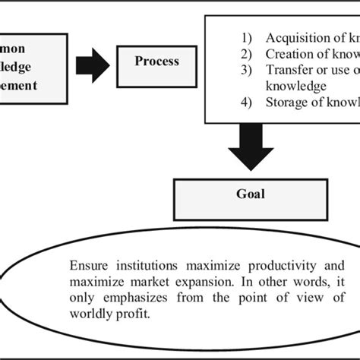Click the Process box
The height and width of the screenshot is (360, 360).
point(156,62)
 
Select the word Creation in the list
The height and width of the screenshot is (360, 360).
point(288,54)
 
